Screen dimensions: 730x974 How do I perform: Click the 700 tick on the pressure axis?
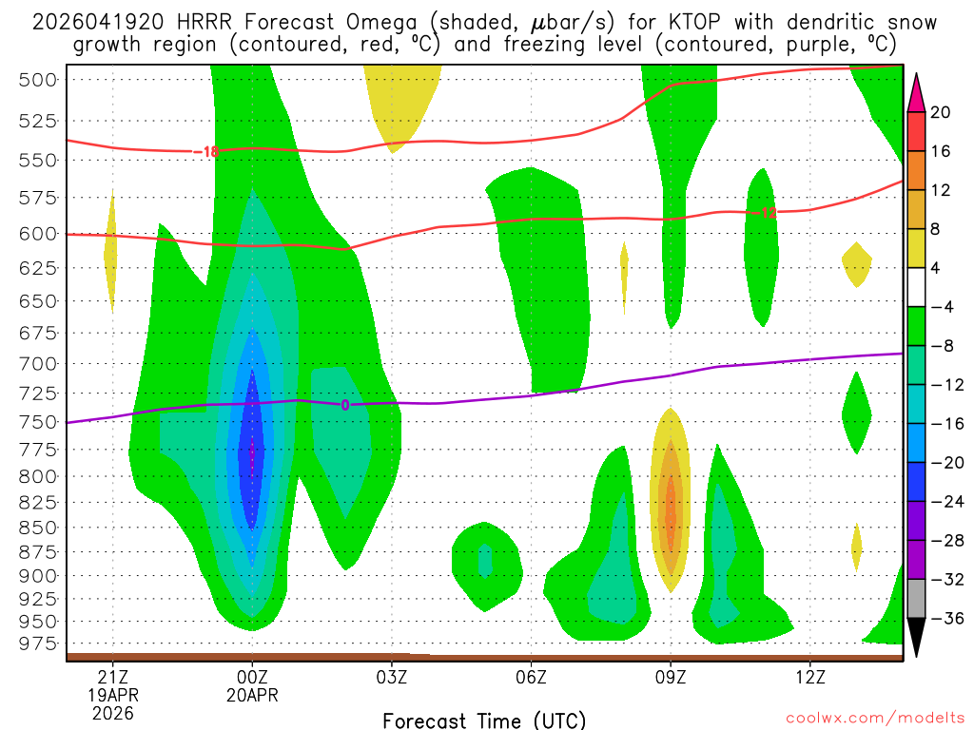39,363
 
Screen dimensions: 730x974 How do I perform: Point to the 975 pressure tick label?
39,644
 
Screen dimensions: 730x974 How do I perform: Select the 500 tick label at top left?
39,79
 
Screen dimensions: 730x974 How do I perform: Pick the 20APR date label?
252,694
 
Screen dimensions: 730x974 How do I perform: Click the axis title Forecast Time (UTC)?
484,720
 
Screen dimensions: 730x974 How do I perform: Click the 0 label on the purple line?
344,405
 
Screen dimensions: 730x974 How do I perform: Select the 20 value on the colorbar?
941,112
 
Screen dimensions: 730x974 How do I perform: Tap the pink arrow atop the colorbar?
917,92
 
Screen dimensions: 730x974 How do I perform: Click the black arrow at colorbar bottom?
917,638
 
